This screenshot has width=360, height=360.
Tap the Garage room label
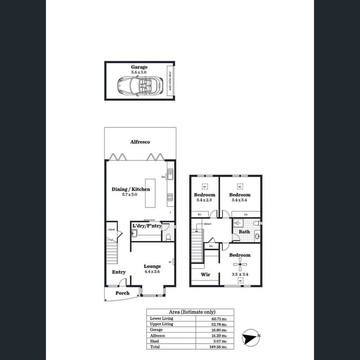coord(139,67)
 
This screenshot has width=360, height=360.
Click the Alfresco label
coord(140,142)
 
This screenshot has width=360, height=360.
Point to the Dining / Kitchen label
coord(130,189)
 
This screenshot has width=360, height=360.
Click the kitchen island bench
coord(150,193)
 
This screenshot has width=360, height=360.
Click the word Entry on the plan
coord(119,272)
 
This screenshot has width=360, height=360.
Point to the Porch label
coord(122,293)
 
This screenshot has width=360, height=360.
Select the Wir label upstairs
coord(205,275)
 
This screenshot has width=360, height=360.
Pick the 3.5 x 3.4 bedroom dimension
coord(240,275)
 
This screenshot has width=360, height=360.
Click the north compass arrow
coord(250,336)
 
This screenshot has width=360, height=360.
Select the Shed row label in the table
coord(155,341)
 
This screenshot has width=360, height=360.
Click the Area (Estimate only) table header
coord(190,312)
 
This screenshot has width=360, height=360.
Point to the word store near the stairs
coord(111,229)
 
